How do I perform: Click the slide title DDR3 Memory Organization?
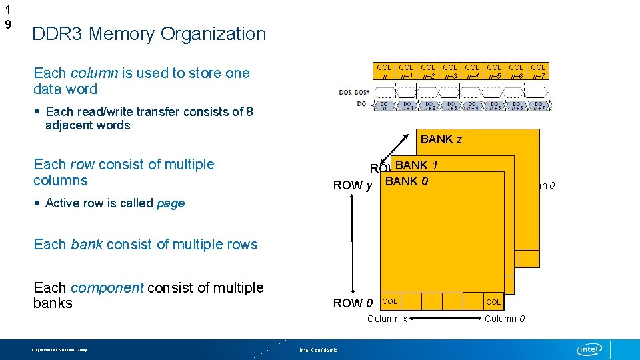(x=149, y=34)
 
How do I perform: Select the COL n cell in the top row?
(x=384, y=71)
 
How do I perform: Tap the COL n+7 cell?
(x=538, y=71)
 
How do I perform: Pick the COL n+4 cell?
(x=472, y=71)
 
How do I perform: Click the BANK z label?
(x=441, y=139)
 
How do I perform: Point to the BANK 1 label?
(x=416, y=165)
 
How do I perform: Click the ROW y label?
(x=352, y=185)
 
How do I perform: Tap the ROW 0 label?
(x=352, y=303)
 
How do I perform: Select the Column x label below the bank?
(x=387, y=319)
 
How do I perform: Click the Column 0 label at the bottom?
(x=504, y=319)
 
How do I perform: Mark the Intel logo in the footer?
(x=589, y=349)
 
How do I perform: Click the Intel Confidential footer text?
(x=319, y=350)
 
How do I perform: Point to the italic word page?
(x=171, y=203)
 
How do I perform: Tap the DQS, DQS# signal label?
(x=353, y=92)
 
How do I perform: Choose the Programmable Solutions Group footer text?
(x=59, y=350)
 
